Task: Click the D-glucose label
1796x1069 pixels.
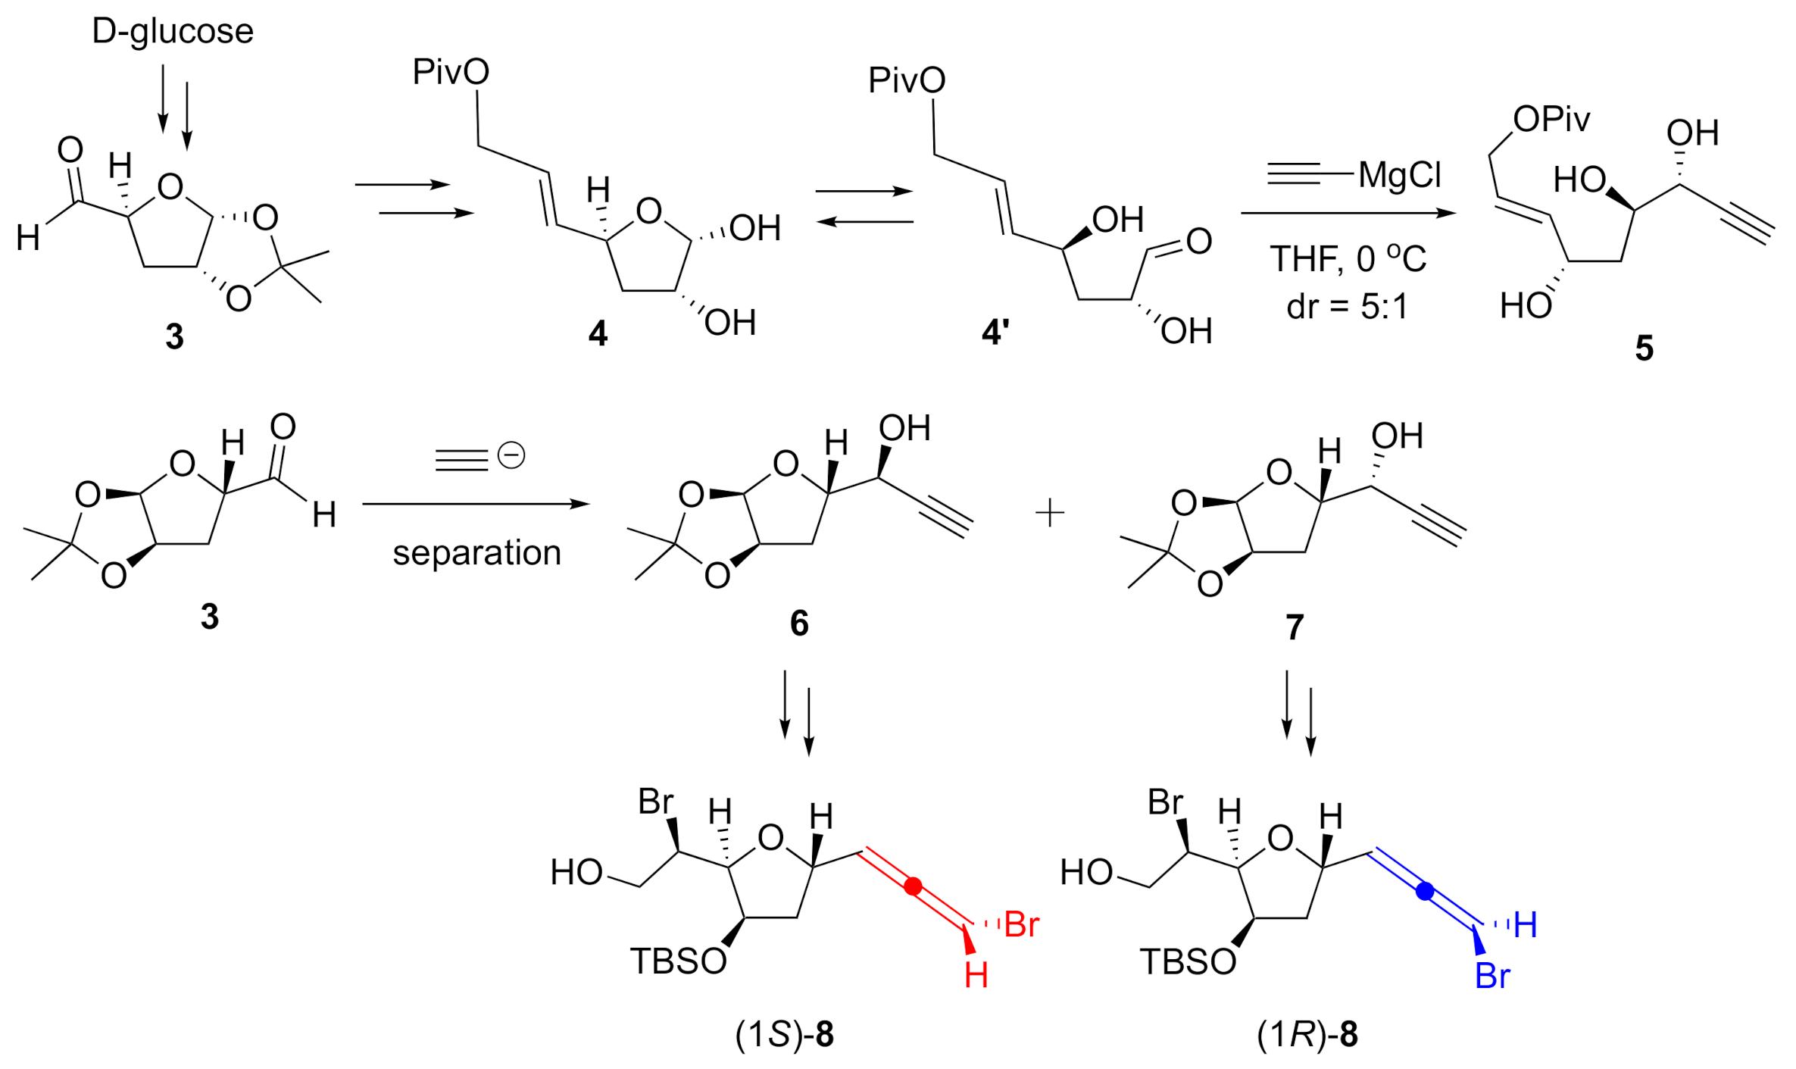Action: [x=173, y=32]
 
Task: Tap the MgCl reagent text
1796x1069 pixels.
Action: [x=1399, y=175]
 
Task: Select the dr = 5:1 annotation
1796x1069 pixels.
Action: [x=1347, y=307]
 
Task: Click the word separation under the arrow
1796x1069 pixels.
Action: [x=476, y=553]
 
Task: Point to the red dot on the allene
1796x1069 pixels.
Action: [x=914, y=886]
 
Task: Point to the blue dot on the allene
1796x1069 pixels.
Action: [x=1425, y=891]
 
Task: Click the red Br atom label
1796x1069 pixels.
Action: [x=1021, y=925]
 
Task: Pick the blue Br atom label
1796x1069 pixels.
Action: [x=1492, y=977]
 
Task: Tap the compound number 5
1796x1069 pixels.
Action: [x=1644, y=349]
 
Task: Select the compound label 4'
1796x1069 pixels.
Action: [x=995, y=333]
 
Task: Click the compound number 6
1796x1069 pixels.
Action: [x=799, y=624]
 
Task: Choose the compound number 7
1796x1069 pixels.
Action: [x=1295, y=627]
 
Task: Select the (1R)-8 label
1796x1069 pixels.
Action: [x=1307, y=1035]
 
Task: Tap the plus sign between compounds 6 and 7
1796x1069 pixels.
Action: [x=1050, y=514]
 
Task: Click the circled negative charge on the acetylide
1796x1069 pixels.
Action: [x=511, y=455]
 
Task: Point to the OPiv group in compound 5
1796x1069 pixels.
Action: [x=1551, y=120]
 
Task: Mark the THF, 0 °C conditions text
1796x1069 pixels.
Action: [x=1348, y=259]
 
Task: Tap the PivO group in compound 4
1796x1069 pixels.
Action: [x=451, y=73]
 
